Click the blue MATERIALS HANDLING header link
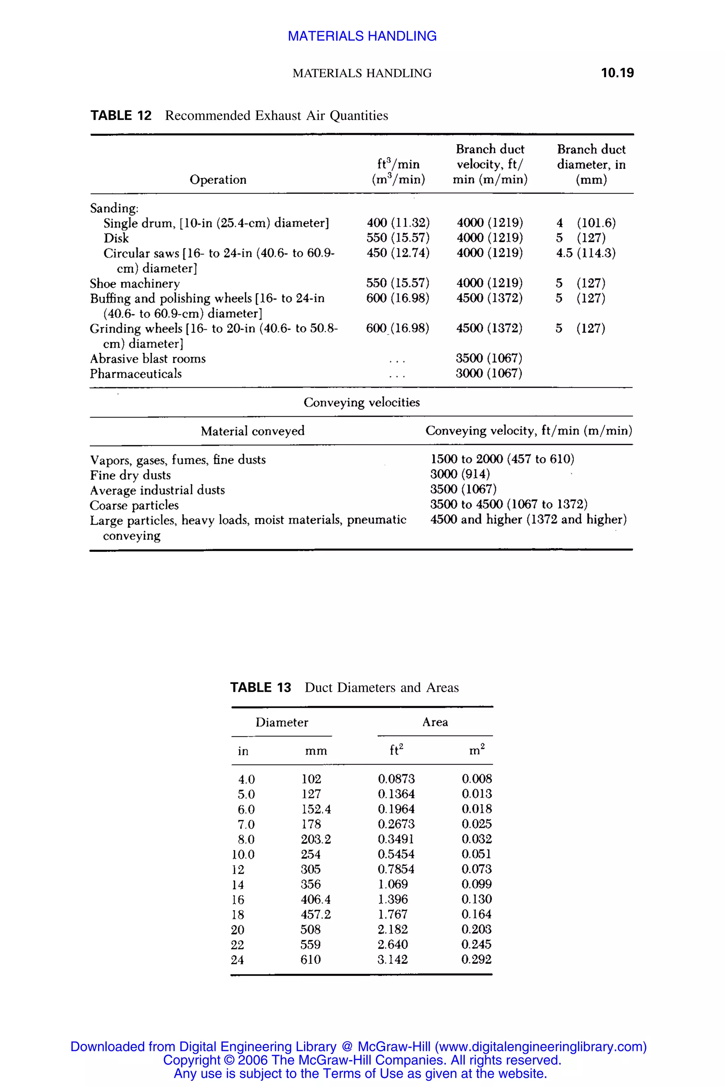point(362,36)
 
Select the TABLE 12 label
point(121,116)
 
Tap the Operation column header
point(218,179)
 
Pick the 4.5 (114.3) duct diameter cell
point(586,253)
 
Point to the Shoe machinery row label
point(135,283)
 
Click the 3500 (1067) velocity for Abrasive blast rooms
point(489,358)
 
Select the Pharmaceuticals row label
point(136,373)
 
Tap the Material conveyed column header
point(252,431)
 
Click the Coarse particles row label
point(134,505)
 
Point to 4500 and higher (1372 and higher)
point(528,519)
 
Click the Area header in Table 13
point(435,722)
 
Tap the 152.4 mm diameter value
point(316,809)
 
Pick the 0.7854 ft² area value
point(396,869)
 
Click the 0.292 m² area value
point(476,960)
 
